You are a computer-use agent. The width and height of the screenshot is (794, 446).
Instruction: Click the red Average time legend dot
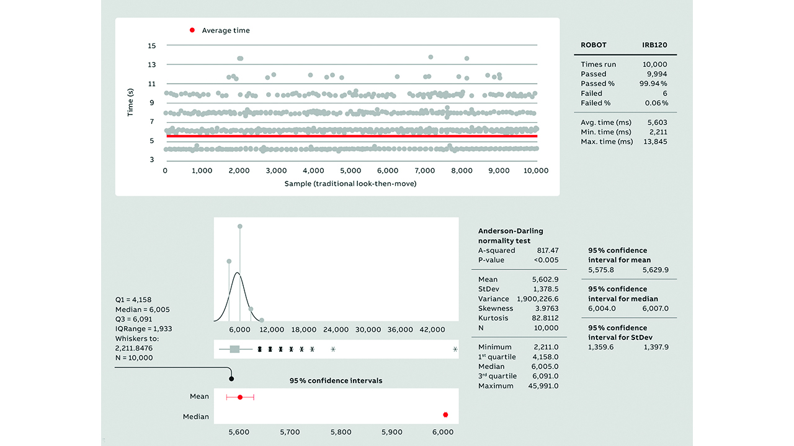click(192, 30)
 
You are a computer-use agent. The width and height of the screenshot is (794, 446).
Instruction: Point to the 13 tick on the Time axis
click(152, 64)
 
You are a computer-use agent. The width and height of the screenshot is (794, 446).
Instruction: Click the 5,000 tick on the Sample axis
click(350, 171)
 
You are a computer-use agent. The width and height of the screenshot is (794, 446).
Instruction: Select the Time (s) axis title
click(131, 102)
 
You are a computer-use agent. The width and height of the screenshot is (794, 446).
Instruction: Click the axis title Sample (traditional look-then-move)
click(350, 184)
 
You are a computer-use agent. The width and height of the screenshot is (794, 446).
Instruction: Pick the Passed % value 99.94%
click(653, 84)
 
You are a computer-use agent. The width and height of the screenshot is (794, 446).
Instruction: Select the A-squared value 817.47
click(546, 251)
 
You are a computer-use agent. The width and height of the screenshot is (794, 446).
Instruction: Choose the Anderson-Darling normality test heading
click(511, 236)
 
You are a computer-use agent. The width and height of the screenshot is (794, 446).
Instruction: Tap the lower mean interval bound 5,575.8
click(601, 270)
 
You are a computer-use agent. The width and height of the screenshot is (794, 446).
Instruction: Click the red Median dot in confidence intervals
click(445, 415)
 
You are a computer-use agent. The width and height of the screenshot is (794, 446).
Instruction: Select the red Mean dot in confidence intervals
click(240, 396)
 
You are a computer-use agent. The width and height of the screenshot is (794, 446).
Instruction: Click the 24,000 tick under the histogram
click(336, 330)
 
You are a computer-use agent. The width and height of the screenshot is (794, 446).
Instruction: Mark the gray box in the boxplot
click(234, 349)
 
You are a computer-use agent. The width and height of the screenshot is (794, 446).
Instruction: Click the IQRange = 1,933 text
click(144, 329)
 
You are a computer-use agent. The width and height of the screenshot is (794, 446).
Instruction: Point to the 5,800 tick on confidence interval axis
click(341, 432)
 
